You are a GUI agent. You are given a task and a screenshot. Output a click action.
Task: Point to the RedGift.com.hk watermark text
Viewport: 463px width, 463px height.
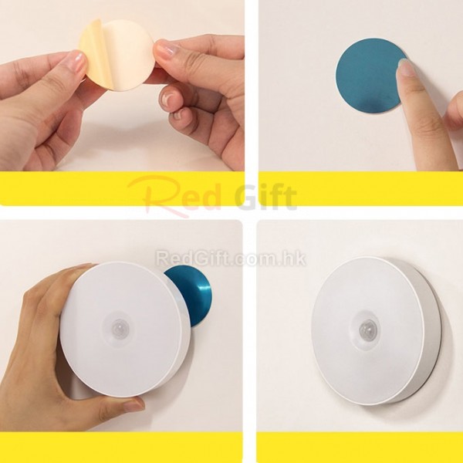pos(231,258)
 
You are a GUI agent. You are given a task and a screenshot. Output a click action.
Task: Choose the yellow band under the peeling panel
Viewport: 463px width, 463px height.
pos(122,188)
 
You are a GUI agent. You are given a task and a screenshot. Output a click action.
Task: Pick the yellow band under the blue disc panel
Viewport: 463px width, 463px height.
pos(361,188)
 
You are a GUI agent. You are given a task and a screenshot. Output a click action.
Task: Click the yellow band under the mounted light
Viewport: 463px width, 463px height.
pos(360,448)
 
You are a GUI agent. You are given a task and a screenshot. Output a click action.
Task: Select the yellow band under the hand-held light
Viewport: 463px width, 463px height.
pos(121,448)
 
